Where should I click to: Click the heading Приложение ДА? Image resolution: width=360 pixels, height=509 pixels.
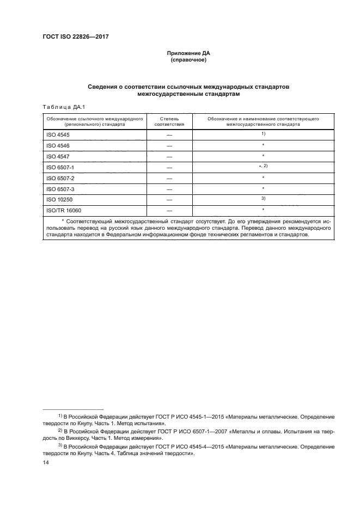tap(188, 53)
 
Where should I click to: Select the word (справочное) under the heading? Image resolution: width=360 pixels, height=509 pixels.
tap(188, 60)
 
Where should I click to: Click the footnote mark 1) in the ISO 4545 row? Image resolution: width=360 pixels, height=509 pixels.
tap(263, 133)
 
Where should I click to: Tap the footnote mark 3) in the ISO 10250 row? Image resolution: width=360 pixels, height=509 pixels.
tap(263, 199)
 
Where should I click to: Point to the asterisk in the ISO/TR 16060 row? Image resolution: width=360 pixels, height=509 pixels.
tap(263, 210)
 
